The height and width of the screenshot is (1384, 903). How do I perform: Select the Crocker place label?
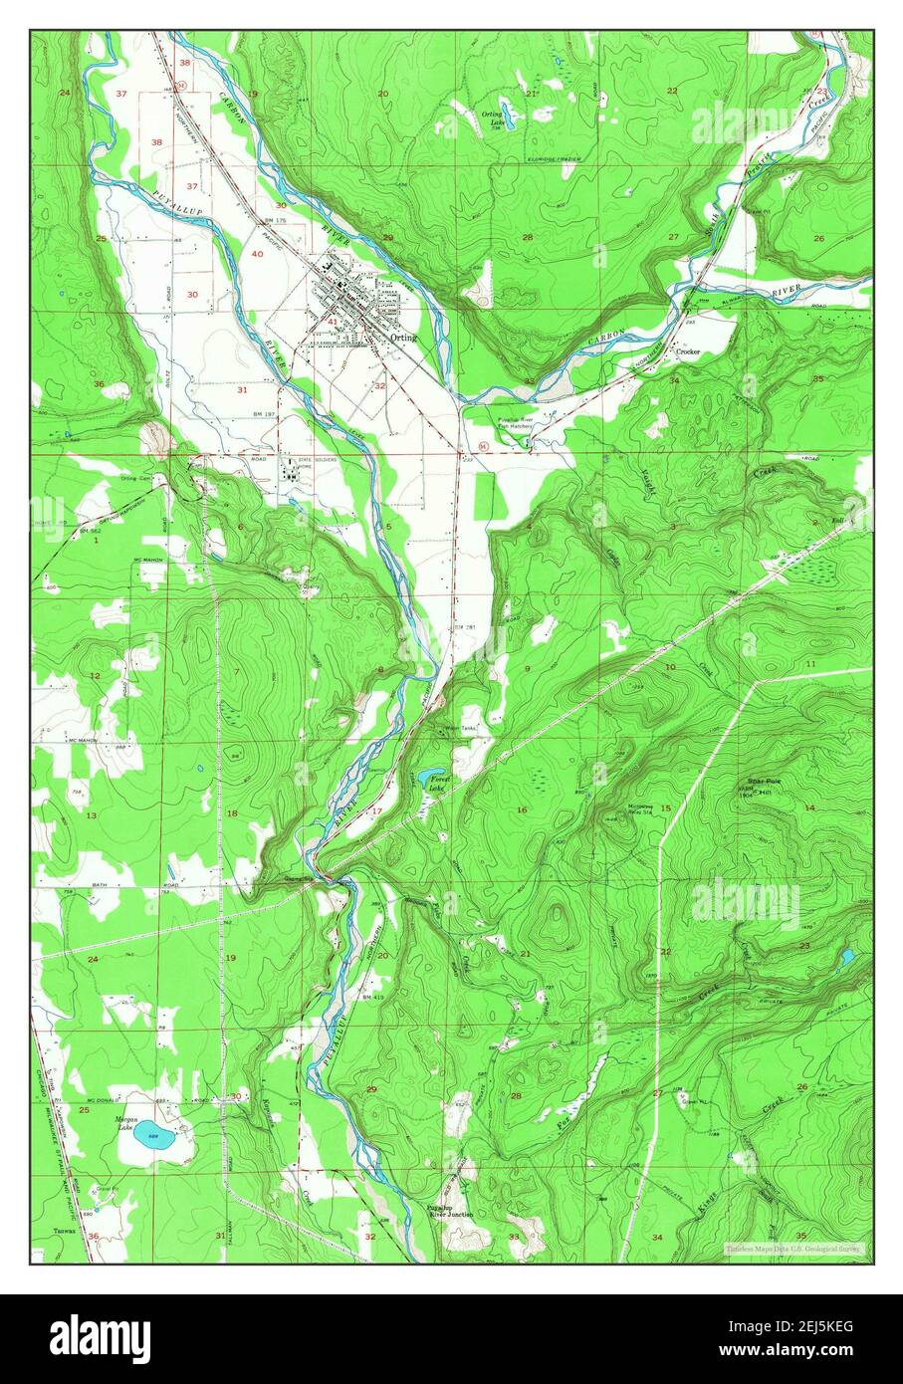pyautogui.click(x=688, y=351)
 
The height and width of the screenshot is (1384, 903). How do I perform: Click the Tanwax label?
pyautogui.click(x=66, y=1232)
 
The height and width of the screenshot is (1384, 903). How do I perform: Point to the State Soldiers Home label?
pyautogui.click(x=315, y=461)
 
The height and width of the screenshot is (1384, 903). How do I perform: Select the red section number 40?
pyautogui.click(x=257, y=254)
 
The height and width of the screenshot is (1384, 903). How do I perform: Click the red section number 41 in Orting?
pyautogui.click(x=332, y=322)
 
